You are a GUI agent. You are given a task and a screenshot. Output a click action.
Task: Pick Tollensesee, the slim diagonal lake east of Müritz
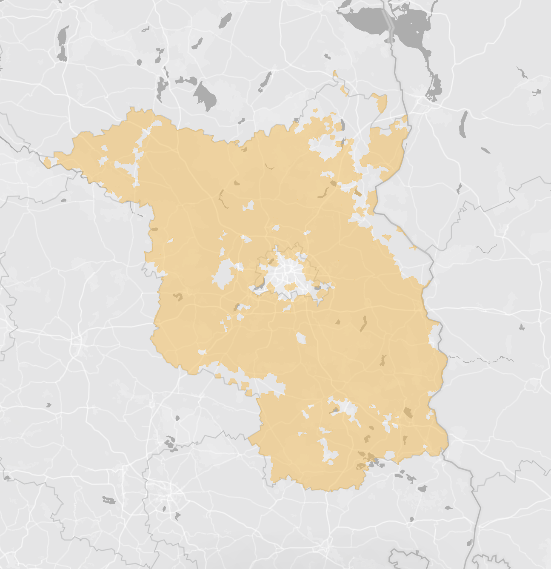click(x=265, y=81)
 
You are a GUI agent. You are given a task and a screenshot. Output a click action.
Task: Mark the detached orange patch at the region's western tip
click(x=47, y=162)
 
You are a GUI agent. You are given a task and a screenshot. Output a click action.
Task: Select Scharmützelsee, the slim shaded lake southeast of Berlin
click(x=363, y=324)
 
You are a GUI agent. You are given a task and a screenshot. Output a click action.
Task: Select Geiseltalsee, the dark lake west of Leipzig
click(x=108, y=500)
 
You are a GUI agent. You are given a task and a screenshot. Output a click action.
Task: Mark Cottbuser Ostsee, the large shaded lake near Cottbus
click(x=408, y=412)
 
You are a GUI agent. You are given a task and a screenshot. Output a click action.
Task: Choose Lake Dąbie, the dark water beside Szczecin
click(x=434, y=85)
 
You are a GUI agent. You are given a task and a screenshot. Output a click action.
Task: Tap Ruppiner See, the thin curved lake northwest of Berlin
click(x=222, y=199)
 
